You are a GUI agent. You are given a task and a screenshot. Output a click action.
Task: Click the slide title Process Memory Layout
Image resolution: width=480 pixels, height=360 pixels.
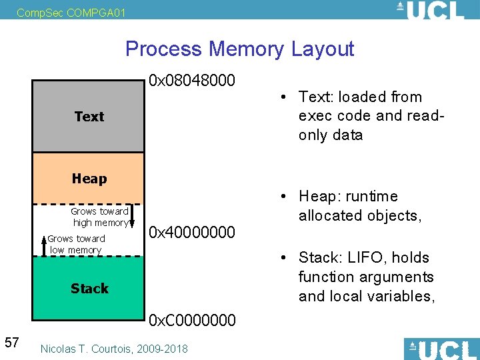click(x=239, y=49)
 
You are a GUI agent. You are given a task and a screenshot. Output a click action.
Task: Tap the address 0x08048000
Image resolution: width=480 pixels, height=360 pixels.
click(x=192, y=81)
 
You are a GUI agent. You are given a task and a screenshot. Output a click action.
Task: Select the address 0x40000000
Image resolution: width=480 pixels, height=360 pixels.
click(x=192, y=232)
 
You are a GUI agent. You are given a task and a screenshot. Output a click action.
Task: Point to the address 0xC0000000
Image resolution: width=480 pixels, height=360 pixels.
click(x=192, y=320)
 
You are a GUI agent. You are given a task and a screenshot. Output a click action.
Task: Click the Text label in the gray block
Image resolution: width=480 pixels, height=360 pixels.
click(x=89, y=117)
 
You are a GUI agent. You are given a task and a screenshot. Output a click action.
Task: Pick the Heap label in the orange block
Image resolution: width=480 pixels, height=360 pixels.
click(x=89, y=179)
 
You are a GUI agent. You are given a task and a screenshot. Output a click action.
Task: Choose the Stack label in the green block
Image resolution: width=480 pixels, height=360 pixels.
click(x=89, y=289)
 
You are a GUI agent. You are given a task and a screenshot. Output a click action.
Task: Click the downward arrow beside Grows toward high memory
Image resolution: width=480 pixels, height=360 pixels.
click(x=133, y=217)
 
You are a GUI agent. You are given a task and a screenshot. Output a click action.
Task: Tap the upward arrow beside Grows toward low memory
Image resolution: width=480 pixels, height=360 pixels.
click(x=44, y=245)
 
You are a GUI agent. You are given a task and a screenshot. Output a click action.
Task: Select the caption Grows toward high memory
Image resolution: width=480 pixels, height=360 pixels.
click(x=101, y=217)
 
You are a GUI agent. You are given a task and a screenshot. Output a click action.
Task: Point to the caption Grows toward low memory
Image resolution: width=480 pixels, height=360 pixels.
click(x=76, y=245)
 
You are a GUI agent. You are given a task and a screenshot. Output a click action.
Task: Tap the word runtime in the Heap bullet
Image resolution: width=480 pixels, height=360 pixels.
click(x=372, y=197)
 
